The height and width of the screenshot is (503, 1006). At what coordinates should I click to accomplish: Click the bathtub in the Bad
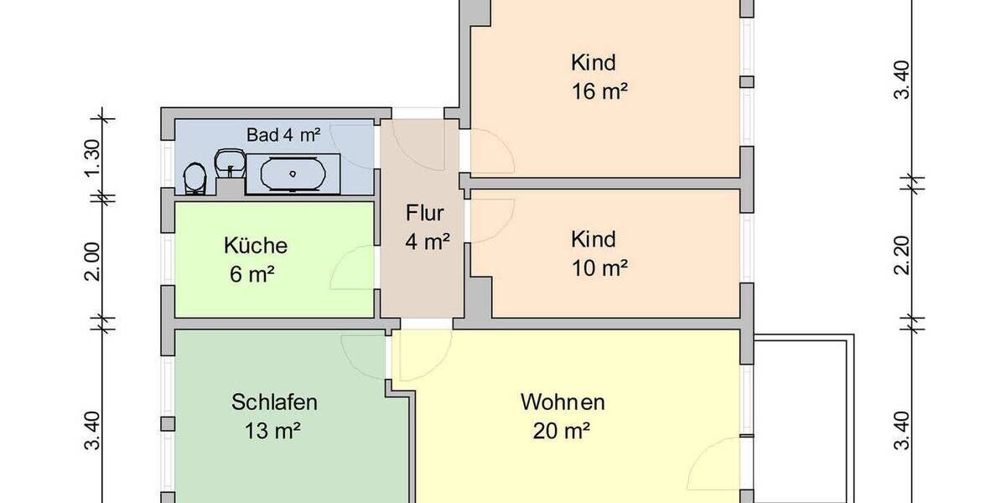[293, 174]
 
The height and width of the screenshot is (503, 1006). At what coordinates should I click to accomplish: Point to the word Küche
[256, 246]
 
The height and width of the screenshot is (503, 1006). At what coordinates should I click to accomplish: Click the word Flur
[425, 211]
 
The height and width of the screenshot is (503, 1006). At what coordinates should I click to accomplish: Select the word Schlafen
[274, 402]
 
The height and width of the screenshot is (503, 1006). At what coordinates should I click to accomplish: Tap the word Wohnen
[563, 402]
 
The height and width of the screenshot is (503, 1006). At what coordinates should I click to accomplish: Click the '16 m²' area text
[600, 92]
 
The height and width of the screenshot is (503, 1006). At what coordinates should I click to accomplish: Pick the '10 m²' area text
[600, 268]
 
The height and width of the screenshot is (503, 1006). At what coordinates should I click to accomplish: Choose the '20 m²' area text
[562, 432]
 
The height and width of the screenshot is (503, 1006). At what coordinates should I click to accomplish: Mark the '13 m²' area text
[273, 432]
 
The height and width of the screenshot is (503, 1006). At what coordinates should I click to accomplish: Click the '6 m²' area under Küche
[251, 274]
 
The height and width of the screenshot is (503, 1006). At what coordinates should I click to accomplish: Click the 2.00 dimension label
[93, 262]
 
